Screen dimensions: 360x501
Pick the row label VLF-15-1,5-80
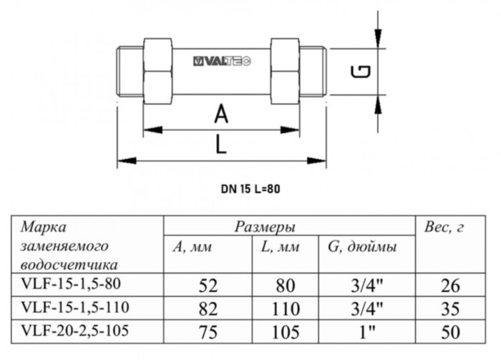67,284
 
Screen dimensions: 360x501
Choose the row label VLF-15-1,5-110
69,308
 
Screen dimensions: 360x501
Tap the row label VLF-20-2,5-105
69,331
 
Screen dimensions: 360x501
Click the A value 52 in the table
208,286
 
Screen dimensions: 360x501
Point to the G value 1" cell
366,331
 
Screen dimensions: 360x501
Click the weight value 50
451,331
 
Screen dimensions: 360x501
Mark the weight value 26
451,286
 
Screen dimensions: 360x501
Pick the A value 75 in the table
208,331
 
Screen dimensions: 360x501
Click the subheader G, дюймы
361,247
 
